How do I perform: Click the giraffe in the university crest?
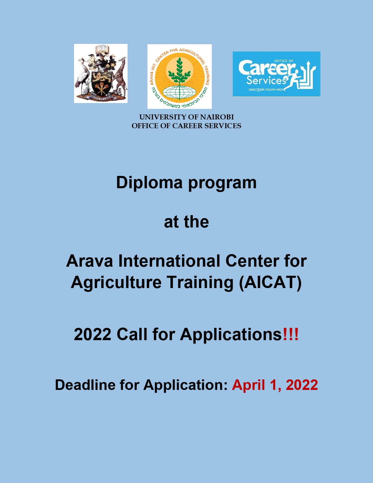coord(121,76)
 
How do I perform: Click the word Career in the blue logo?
coord(267,68)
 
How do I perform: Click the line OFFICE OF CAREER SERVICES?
coord(186,126)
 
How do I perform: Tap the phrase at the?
coord(186,222)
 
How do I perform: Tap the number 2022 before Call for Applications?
coord(92,334)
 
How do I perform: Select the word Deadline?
coord(85,385)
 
